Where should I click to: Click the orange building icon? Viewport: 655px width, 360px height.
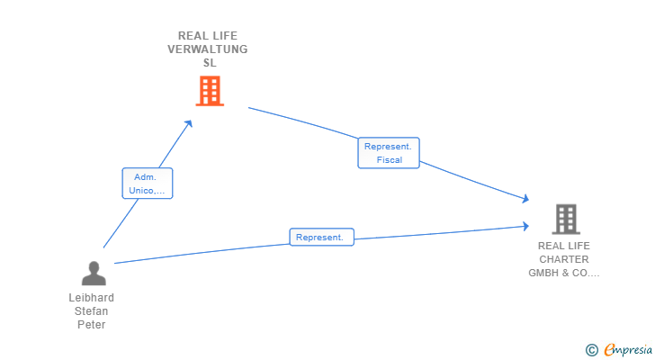click(x=209, y=91)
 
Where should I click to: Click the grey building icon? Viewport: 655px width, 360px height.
click(x=565, y=219)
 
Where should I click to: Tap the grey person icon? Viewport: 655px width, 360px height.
click(x=93, y=273)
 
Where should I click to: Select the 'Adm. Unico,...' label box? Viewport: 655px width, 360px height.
click(x=147, y=184)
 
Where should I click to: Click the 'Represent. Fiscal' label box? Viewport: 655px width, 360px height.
click(x=389, y=153)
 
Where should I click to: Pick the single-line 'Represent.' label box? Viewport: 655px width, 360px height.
click(x=321, y=238)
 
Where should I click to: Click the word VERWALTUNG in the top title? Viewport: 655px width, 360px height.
click(x=208, y=49)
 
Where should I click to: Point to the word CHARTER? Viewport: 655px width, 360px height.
click(x=564, y=259)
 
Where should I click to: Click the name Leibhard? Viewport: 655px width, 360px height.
click(x=92, y=298)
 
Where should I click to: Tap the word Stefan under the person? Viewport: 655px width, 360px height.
click(x=92, y=311)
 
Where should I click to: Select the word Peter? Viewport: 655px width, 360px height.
click(x=92, y=325)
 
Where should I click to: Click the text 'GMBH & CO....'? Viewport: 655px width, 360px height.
click(x=564, y=273)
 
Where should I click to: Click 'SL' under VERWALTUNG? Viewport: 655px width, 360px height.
click(x=209, y=63)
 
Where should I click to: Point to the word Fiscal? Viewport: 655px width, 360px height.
click(x=390, y=160)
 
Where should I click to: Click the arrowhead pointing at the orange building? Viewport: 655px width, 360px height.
click(x=189, y=122)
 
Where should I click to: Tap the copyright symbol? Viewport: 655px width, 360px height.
click(x=591, y=350)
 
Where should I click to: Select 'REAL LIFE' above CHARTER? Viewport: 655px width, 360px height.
click(x=564, y=246)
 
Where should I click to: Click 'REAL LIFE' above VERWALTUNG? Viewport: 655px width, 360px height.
click(x=208, y=36)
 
